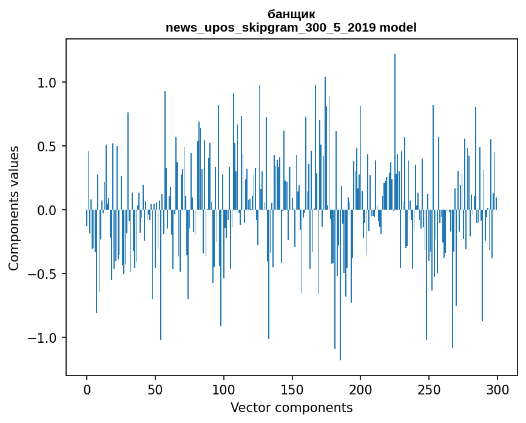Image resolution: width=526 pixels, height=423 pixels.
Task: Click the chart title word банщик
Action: pyautogui.click(x=291, y=14)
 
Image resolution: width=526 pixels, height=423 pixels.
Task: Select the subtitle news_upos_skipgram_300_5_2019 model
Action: pyautogui.click(x=291, y=27)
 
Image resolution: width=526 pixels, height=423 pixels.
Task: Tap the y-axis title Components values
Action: pyautogui.click(x=14, y=208)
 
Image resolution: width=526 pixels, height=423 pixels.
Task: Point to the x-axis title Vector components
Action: pyautogui.click(x=291, y=407)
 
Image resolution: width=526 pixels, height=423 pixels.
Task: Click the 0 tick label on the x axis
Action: pyautogui.click(x=87, y=388)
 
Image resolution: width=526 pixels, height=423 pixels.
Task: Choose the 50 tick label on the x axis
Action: pyautogui.click(x=155, y=388)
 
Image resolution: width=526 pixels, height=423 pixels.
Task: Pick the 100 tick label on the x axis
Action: pyautogui.click(x=224, y=388)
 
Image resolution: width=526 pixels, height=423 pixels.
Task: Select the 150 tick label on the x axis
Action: pyautogui.click(x=292, y=388)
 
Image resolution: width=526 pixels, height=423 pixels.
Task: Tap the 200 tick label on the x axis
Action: pyautogui.click(x=360, y=388)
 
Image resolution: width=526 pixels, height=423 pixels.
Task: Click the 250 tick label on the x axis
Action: pyautogui.click(x=429, y=388)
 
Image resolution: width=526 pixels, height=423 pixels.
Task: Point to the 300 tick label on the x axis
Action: pyautogui.click(x=497, y=388)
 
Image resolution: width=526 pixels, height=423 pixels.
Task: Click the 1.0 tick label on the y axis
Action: pyautogui.click(x=47, y=83)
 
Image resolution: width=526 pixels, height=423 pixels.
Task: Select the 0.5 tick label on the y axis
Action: pyautogui.click(x=47, y=146)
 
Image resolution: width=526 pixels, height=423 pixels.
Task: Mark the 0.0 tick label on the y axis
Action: pyautogui.click(x=47, y=210)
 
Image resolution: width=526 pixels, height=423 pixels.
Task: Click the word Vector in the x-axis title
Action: pyautogui.click(x=248, y=407)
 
